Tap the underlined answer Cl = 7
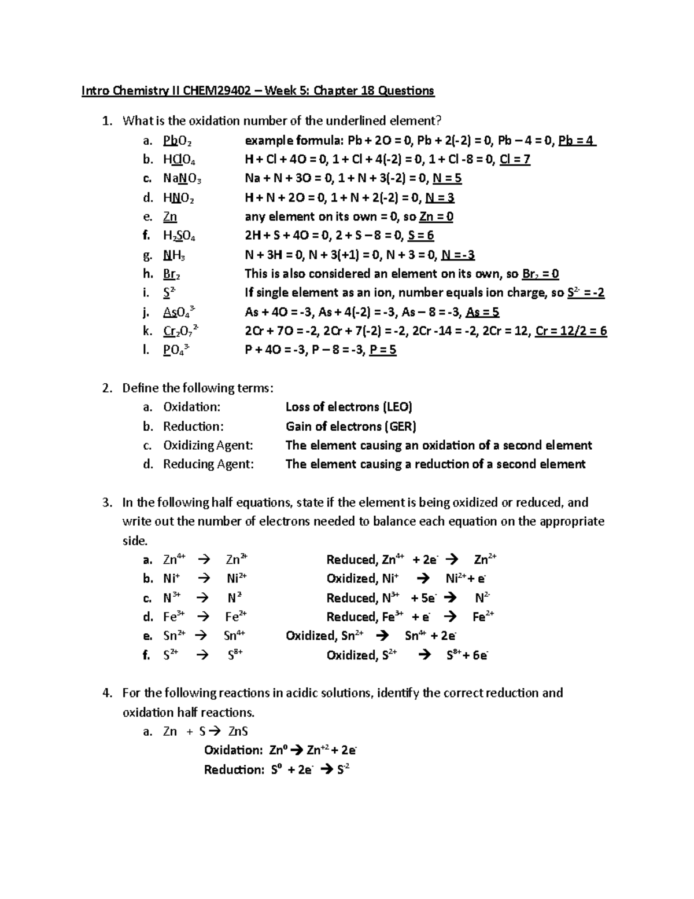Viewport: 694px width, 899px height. tap(514, 160)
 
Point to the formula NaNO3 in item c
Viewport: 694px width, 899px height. tap(182, 179)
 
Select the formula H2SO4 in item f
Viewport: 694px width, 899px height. tap(179, 236)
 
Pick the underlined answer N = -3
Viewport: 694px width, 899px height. tap(458, 255)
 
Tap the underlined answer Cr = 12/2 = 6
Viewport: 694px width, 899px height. tap(571, 331)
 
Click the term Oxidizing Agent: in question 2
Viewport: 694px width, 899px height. tap(208, 446)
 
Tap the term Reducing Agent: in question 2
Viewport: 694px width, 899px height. tap(208, 464)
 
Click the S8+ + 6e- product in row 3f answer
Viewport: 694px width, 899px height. tap(467, 655)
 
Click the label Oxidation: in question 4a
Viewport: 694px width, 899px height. tap(234, 751)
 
